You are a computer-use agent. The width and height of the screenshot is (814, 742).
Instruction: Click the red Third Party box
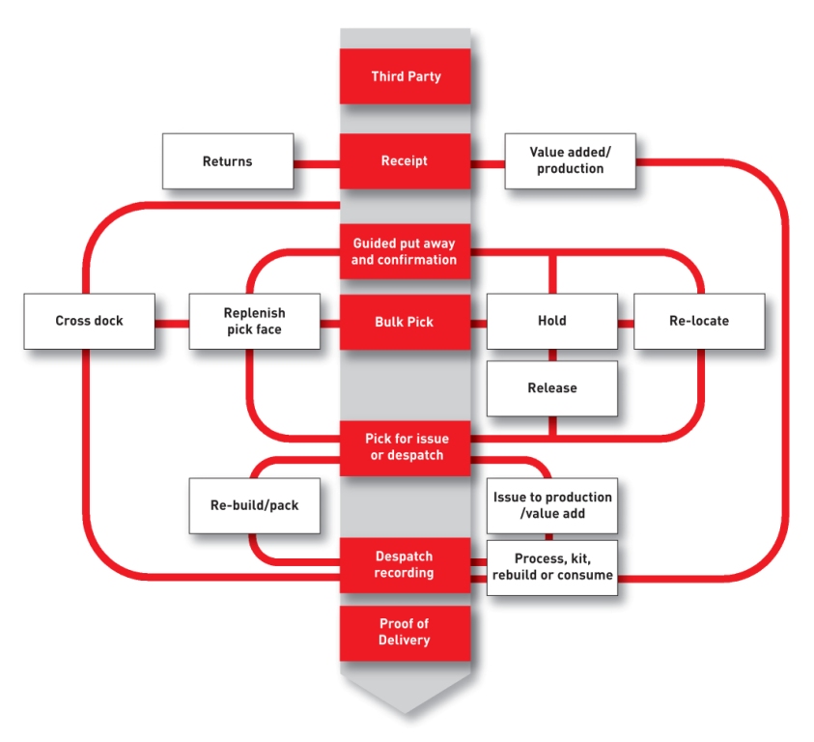pos(405,76)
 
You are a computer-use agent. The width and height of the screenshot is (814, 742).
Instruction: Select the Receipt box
pos(405,161)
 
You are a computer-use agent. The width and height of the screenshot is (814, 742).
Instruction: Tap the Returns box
pos(227,161)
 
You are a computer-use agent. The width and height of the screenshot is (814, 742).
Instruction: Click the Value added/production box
pos(570,161)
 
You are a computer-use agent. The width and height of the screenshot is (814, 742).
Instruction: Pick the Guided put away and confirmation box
pos(405,251)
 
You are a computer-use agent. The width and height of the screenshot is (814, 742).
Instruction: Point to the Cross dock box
pos(89,321)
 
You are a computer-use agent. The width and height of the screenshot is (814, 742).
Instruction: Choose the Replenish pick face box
pos(254,321)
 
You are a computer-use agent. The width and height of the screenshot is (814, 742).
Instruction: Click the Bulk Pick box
pos(405,321)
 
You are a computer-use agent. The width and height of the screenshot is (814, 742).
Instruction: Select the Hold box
pos(551,321)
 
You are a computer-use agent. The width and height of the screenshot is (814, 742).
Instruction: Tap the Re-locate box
pos(699,321)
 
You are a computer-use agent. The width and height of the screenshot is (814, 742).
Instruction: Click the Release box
pos(551,388)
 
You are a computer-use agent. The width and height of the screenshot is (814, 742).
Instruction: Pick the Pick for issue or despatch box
pos(405,446)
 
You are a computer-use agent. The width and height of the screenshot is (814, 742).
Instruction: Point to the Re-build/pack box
pos(254,504)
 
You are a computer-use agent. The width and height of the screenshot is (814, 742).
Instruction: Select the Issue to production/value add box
pos(551,504)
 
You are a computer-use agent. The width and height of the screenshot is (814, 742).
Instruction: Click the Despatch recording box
pos(405,565)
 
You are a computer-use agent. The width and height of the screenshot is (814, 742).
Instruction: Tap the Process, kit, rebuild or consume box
pos(551,567)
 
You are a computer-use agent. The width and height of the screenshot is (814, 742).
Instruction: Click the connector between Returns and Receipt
pos(317,162)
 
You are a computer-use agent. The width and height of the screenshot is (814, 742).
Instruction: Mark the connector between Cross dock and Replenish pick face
pos(171,322)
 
